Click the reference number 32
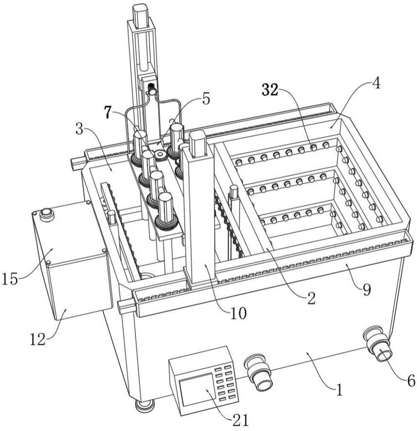270,90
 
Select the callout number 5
206,99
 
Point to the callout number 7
108,113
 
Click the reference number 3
79,129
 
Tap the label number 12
38,340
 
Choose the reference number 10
238,313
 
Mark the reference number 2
312,299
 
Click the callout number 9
367,290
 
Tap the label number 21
240,420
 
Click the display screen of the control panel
196,390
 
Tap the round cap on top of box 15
46,214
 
